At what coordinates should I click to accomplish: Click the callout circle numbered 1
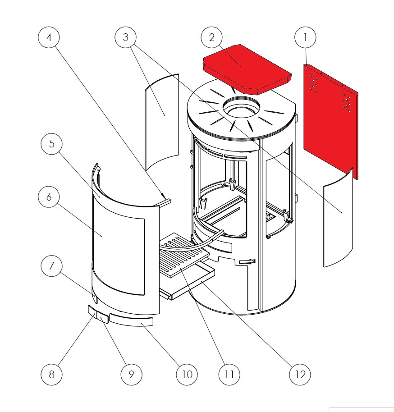click(305, 37)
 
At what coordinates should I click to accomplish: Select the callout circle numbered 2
click(211, 37)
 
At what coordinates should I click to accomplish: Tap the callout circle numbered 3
click(126, 37)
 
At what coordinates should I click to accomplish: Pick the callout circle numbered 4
click(49, 37)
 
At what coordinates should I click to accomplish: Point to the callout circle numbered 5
click(52, 144)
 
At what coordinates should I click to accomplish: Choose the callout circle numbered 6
click(49, 197)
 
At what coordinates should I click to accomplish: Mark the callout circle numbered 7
click(52, 266)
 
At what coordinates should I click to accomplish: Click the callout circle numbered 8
click(51, 375)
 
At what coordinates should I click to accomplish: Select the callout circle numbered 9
click(132, 375)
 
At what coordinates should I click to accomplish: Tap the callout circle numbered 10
click(187, 375)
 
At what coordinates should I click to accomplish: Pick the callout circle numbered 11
click(229, 375)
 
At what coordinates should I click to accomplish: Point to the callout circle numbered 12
click(300, 375)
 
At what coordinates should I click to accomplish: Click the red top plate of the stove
click(247, 69)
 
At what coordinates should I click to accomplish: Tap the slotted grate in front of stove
click(184, 254)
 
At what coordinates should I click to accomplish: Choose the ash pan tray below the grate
click(187, 281)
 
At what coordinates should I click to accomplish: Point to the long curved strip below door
click(132, 320)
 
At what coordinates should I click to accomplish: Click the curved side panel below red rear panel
click(338, 218)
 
